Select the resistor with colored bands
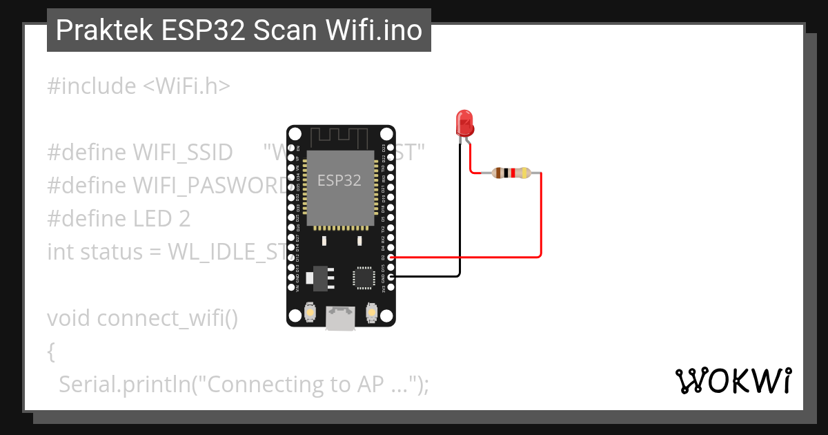point(511,173)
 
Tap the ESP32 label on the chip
point(339,181)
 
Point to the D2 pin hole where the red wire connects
point(391,258)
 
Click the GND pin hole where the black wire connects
point(391,277)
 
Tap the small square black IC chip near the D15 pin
point(364,276)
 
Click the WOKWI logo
point(733,380)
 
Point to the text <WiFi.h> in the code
point(186,86)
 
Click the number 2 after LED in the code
point(184,219)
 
